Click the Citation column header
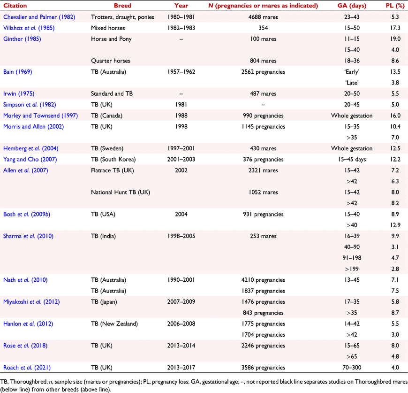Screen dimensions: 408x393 [15, 6]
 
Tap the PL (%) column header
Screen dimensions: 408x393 [395, 6]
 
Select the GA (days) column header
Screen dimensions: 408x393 [352, 6]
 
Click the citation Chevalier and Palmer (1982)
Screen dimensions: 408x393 [39, 17]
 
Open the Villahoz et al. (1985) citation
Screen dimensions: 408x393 [29, 28]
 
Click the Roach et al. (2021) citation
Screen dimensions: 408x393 [27, 368]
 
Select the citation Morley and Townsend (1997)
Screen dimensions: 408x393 [41, 116]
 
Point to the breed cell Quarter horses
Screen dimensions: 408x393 [111, 61]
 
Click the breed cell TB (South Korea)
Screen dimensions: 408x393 [113, 159]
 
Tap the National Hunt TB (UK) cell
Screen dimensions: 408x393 [121, 192]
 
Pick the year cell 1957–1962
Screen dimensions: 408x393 [181, 72]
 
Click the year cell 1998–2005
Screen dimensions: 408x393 [181, 236]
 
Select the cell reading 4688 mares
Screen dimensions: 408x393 [263, 17]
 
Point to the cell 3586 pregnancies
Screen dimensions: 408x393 [263, 368]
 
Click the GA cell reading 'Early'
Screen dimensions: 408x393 [352, 72]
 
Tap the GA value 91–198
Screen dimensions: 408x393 [352, 258]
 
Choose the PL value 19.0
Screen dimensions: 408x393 [395, 39]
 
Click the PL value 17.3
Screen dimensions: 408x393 [395, 28]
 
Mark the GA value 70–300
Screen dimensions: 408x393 [352, 368]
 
